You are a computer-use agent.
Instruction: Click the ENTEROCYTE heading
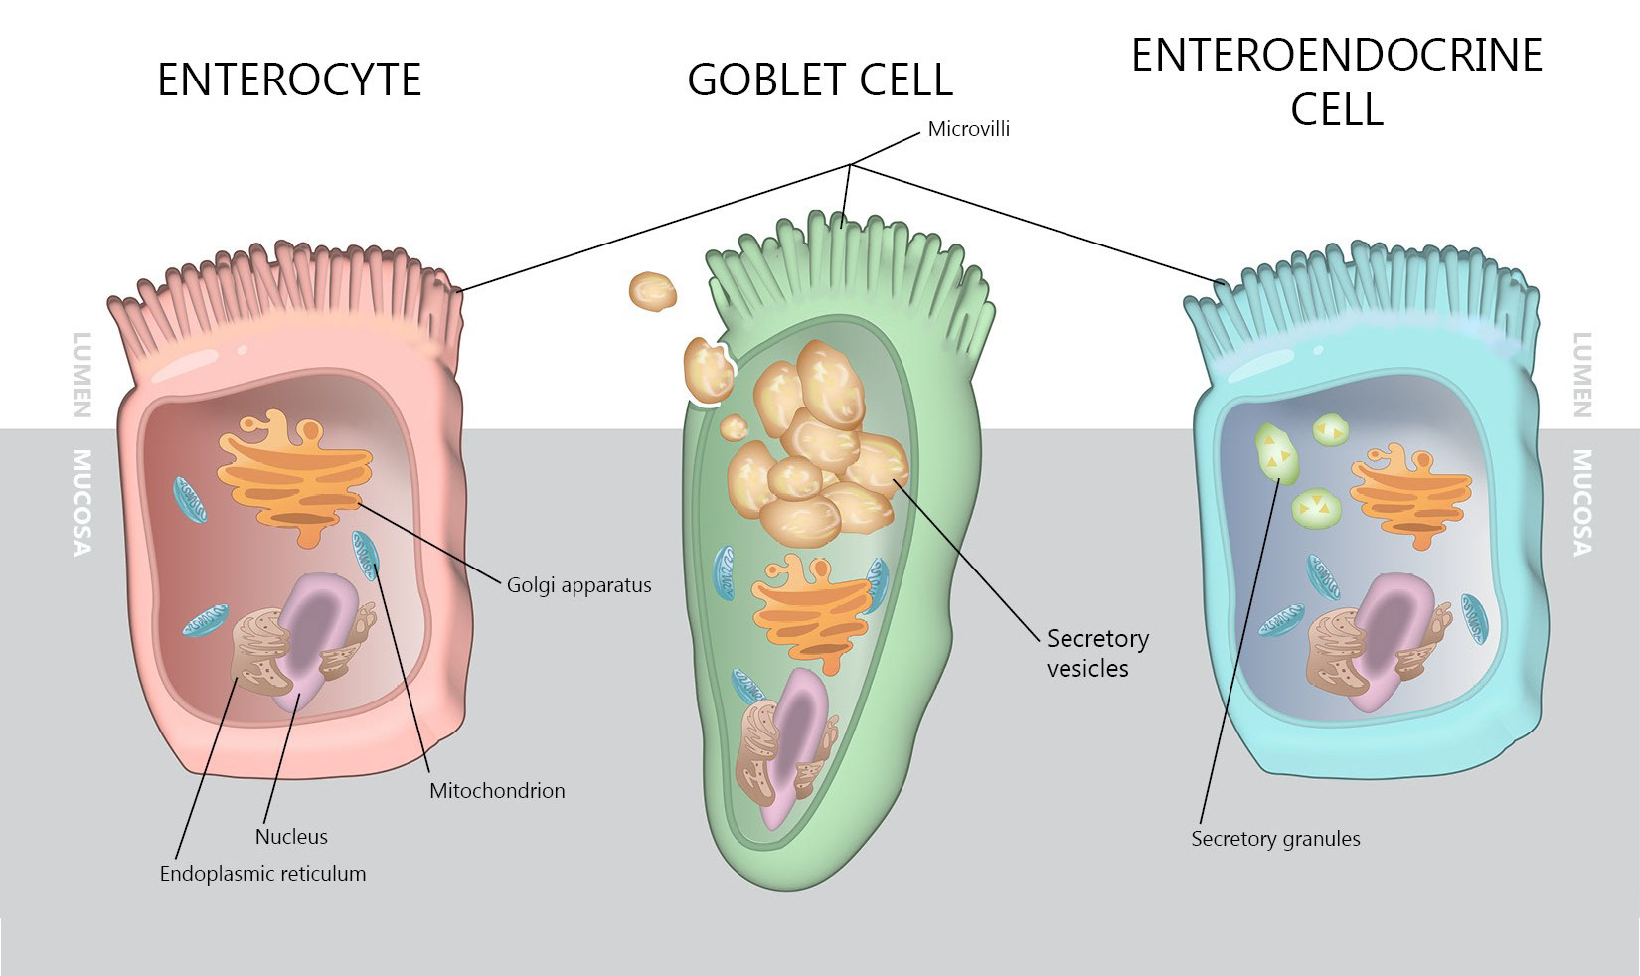click(x=289, y=80)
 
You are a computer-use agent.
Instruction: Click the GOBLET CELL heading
click(x=820, y=80)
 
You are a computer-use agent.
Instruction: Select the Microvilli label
click(x=968, y=129)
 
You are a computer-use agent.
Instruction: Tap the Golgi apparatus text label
click(x=578, y=585)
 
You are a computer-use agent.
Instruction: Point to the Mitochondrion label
click(x=497, y=791)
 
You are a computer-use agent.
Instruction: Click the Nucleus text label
click(x=291, y=837)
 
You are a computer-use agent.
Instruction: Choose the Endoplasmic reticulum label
click(x=262, y=874)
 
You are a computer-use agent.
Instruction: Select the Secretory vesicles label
click(x=1096, y=653)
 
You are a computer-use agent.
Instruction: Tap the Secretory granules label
click(x=1275, y=839)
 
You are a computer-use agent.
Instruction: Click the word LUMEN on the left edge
click(x=82, y=375)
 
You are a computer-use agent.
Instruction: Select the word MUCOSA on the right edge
click(x=1581, y=502)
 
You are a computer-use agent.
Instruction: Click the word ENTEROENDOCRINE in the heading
click(x=1337, y=56)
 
